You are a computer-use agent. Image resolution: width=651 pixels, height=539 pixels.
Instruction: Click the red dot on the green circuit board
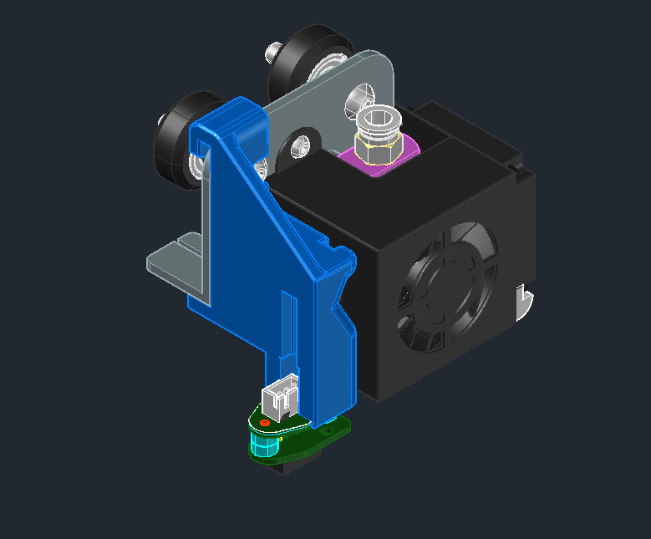pyautogui.click(x=265, y=424)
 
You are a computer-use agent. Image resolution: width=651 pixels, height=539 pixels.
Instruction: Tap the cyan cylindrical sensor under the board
pyautogui.click(x=263, y=446)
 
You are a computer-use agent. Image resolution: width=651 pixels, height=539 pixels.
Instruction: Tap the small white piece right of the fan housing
pyautogui.click(x=525, y=300)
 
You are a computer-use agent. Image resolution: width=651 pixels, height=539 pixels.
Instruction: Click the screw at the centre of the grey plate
pyautogui.click(x=301, y=147)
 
